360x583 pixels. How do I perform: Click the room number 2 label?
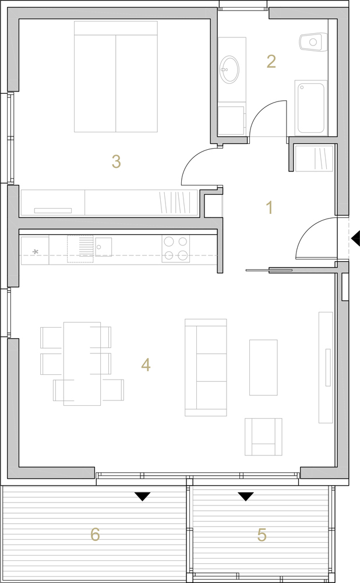pyautogui.click(x=271, y=62)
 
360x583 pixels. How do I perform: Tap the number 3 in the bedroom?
pyautogui.click(x=117, y=161)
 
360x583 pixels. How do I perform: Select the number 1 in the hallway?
pyautogui.click(x=270, y=208)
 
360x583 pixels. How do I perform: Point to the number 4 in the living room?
pyautogui.click(x=146, y=365)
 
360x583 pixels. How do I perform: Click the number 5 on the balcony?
pyautogui.click(x=262, y=535)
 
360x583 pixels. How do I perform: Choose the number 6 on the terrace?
pyautogui.click(x=95, y=535)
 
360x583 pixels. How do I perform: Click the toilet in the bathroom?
pyautogui.click(x=313, y=41)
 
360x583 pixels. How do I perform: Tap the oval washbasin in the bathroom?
pyautogui.click(x=230, y=69)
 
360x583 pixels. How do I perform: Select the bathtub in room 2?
pyautogui.click(x=311, y=108)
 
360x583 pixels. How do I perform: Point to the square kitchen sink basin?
pyautogui.click(x=103, y=247)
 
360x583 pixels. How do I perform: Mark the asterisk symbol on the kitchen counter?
pyautogui.click(x=36, y=252)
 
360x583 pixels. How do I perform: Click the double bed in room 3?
pyautogui.click(x=116, y=76)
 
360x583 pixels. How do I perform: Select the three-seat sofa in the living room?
pyautogui.click(x=206, y=367)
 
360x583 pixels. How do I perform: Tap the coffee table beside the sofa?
pyautogui.click(x=263, y=367)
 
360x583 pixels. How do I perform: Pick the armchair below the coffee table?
pyautogui.click(x=263, y=437)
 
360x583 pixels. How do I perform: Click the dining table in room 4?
pyautogui.click(x=82, y=364)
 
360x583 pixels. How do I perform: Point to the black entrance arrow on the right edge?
pyautogui.click(x=355, y=238)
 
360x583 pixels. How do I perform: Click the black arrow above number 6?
pyautogui.click(x=142, y=496)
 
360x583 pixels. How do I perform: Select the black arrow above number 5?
pyautogui.click(x=246, y=496)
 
